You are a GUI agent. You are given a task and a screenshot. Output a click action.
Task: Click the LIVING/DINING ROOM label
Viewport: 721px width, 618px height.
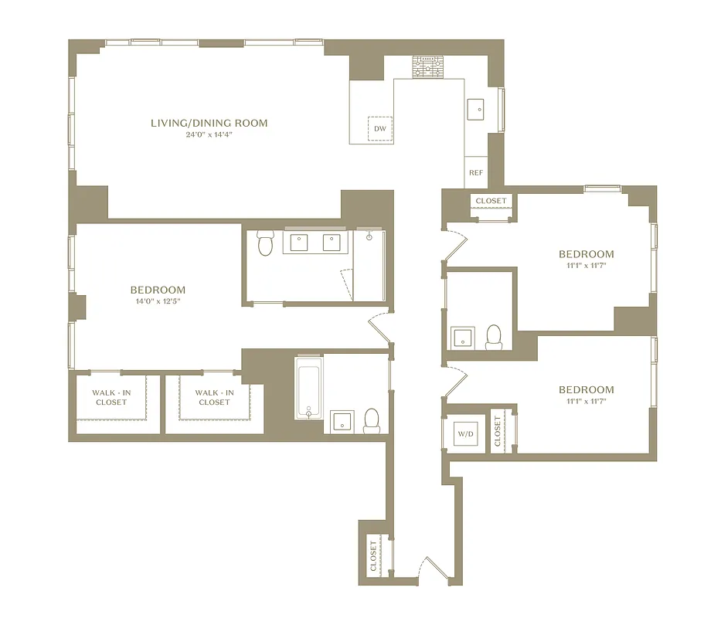[209, 123]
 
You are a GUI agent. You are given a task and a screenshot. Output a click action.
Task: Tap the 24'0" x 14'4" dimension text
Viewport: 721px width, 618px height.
[209, 134]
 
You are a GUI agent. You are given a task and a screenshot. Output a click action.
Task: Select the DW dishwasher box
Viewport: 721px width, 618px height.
[380, 128]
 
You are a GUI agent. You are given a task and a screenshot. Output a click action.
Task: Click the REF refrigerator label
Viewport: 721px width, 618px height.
[476, 172]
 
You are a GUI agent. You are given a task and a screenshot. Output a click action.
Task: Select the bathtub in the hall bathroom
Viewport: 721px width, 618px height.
[308, 387]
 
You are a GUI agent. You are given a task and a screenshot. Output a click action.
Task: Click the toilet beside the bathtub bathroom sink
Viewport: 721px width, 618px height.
[372, 420]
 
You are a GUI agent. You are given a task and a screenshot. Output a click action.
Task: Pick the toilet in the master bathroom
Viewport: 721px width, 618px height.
[265, 243]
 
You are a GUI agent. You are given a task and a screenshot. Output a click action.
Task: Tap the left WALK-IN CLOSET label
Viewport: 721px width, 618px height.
[111, 397]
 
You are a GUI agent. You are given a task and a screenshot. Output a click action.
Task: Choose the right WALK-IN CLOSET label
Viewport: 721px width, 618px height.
[214, 397]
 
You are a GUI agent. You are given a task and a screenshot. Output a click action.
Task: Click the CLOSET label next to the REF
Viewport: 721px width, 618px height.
[491, 201]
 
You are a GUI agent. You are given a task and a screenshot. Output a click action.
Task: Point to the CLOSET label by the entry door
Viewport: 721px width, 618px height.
[374, 555]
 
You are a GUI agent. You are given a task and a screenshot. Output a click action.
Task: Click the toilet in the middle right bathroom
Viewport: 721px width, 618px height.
[494, 336]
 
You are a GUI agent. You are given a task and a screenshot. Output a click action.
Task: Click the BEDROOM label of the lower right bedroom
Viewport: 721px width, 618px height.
[587, 389]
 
